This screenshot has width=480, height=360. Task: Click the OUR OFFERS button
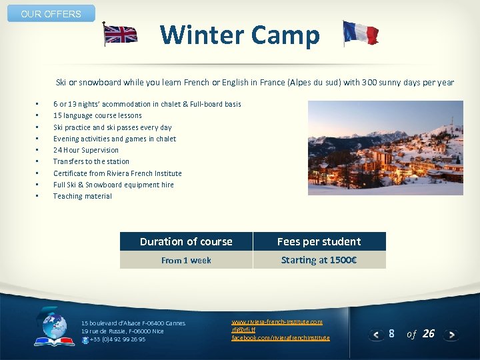click(51, 14)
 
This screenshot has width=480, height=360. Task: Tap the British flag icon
click(120, 34)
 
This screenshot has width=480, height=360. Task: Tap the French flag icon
click(360, 33)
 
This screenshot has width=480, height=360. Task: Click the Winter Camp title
click(240, 35)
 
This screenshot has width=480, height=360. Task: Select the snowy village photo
click(385, 148)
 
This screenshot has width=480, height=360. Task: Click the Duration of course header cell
click(186, 241)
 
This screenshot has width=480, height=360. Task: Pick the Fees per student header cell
click(319, 241)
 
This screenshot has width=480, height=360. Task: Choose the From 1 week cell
click(186, 260)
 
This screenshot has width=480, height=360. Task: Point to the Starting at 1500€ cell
click(319, 260)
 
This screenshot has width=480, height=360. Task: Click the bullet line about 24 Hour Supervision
click(86, 150)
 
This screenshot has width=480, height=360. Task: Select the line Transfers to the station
click(91, 161)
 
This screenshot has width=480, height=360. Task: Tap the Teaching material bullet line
click(83, 196)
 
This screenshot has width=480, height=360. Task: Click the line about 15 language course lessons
click(97, 115)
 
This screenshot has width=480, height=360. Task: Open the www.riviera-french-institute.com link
click(277, 322)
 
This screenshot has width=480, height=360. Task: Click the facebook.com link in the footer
click(280, 338)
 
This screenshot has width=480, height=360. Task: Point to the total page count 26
click(429, 334)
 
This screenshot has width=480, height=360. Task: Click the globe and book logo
click(55, 327)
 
